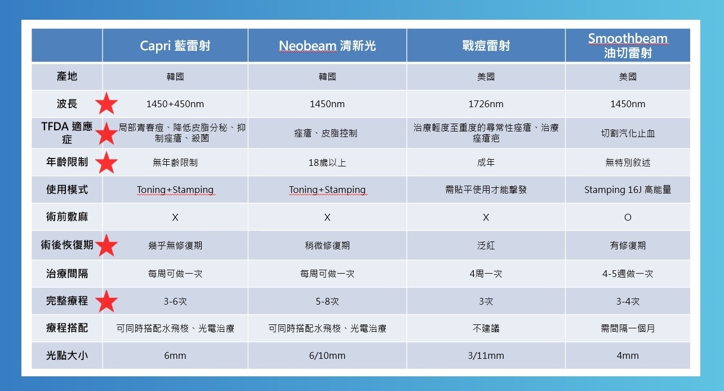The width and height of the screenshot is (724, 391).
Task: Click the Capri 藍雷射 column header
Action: point(175,46)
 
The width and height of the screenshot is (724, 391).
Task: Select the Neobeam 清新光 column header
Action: point(327,46)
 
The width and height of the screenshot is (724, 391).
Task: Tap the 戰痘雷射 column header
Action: point(486,46)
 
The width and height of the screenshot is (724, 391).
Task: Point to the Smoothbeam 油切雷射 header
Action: point(628,46)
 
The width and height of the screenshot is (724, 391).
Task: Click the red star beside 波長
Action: point(106,103)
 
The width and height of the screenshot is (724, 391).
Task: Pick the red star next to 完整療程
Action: point(106,301)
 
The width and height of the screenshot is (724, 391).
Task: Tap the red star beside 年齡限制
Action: point(106,162)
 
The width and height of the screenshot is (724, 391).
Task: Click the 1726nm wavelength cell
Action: point(486,104)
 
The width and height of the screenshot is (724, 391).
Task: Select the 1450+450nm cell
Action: point(175,104)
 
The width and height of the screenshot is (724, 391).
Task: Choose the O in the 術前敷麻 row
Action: point(628,217)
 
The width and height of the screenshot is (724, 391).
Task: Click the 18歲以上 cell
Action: point(327,162)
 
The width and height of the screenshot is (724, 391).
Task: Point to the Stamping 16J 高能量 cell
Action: point(628,190)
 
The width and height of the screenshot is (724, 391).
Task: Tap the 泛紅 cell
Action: point(486,245)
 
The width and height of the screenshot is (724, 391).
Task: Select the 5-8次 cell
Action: point(327,301)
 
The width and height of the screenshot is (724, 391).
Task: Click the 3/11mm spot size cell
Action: point(486,355)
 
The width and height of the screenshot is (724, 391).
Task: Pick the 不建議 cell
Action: point(486,328)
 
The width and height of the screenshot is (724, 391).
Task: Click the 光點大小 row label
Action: point(67,355)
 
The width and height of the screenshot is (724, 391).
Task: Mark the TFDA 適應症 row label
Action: point(67,133)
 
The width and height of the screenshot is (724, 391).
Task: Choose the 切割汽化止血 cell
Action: point(628,133)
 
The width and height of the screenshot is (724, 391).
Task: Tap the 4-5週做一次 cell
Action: point(628,274)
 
